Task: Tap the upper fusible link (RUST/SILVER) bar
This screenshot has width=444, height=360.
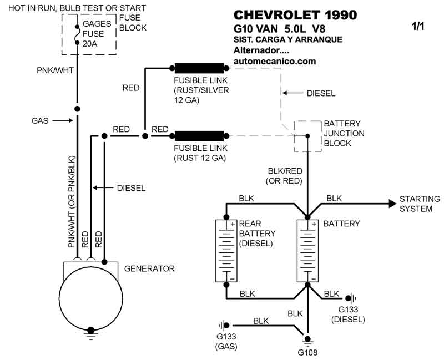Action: (x=199, y=69)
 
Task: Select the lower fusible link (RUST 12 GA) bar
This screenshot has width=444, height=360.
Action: (x=199, y=135)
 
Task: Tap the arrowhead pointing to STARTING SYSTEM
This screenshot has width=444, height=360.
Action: (x=391, y=204)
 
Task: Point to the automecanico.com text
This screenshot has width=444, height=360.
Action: (x=275, y=61)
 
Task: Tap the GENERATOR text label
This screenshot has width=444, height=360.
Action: (x=149, y=268)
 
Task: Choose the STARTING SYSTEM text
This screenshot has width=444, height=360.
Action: (x=420, y=204)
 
